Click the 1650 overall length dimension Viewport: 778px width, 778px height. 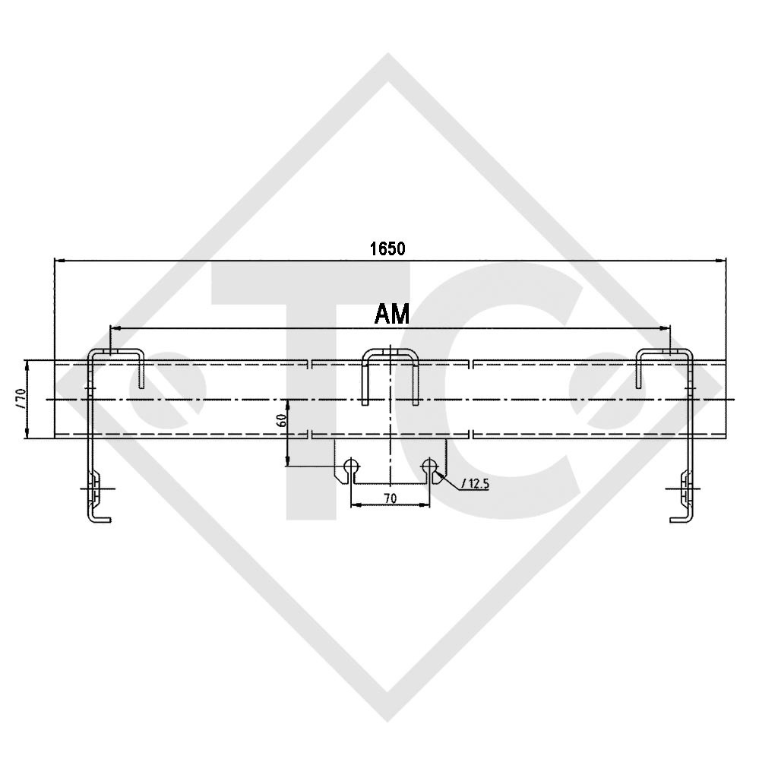(x=387, y=248)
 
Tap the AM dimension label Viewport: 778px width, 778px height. (x=392, y=313)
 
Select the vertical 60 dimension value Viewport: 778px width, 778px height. (x=280, y=421)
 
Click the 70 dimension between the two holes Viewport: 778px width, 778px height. (x=390, y=498)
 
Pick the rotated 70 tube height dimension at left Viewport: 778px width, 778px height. (x=21, y=398)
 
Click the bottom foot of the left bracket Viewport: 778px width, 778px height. (x=100, y=519)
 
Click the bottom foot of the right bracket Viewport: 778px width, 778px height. (x=678, y=519)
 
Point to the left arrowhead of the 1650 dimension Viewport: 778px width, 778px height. (x=58, y=261)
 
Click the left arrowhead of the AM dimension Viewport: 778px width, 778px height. (x=114, y=328)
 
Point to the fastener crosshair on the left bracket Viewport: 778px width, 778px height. (x=94, y=488)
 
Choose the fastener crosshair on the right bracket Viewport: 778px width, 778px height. (x=684, y=488)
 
